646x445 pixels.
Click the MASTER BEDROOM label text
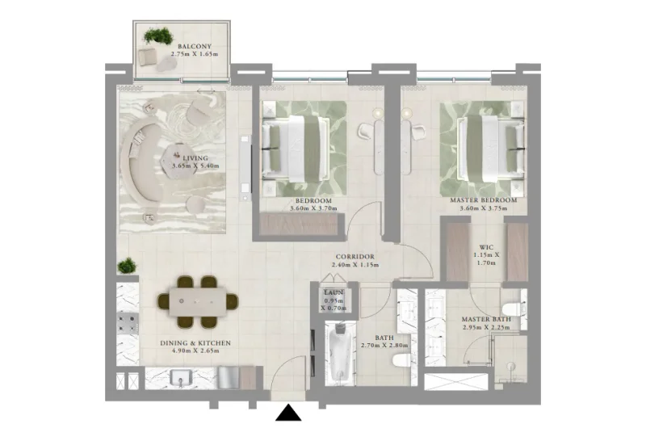click(x=483, y=199)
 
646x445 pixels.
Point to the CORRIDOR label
click(x=354, y=256)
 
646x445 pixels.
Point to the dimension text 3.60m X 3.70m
click(x=313, y=208)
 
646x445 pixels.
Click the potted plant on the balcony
click(x=158, y=36)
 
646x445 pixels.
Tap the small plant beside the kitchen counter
click(x=127, y=266)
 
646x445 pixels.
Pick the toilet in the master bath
click(x=512, y=309)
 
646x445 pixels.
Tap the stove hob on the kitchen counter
click(x=127, y=323)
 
